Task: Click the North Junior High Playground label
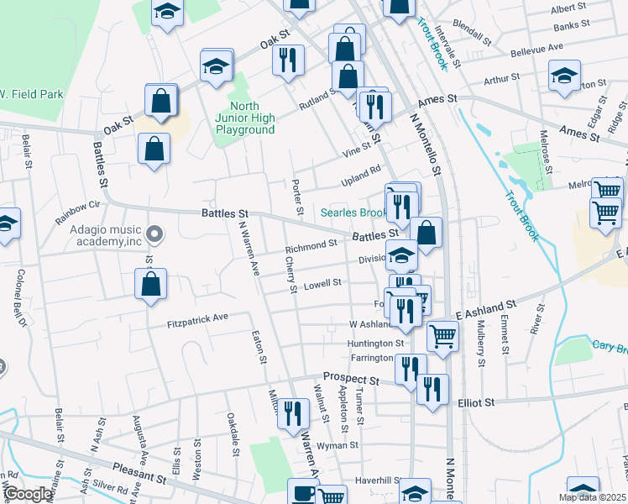point(245,118)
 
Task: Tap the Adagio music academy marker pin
point(154,233)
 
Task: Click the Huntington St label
point(376,344)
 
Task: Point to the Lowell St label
point(322,284)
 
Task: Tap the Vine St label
point(356,152)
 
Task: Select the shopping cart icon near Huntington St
point(442,335)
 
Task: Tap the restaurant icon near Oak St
point(288,59)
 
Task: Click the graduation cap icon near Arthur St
point(565,74)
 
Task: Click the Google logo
point(28,495)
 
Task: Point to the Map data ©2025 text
point(592,497)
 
